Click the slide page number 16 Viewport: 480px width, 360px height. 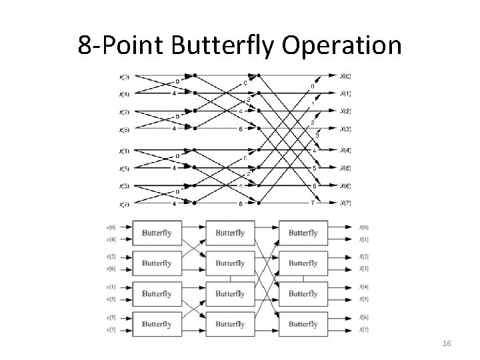[447, 343]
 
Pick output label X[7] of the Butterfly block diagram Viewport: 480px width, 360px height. [363, 329]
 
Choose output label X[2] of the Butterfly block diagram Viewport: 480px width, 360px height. [363, 257]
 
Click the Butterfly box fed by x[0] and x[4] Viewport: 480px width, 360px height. [157, 233]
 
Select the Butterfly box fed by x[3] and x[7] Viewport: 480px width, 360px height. [157, 323]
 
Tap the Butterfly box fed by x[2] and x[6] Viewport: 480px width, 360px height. [157, 263]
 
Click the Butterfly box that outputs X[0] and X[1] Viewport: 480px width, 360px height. [303, 233]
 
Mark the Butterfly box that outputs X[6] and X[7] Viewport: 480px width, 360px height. [303, 323]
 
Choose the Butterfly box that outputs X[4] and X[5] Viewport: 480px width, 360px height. [303, 293]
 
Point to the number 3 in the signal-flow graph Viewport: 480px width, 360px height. [317, 136]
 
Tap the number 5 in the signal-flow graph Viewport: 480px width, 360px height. [313, 168]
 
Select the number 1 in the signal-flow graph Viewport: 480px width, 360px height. [313, 104]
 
